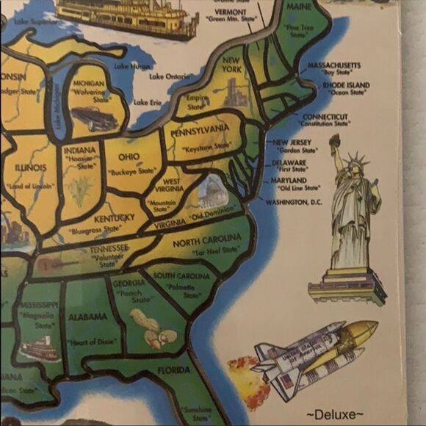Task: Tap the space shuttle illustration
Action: coord(308,355)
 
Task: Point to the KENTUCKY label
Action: coord(109,218)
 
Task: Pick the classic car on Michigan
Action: coord(93,118)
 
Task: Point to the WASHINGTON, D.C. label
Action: coord(294,201)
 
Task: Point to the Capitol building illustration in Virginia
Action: coord(211,192)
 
